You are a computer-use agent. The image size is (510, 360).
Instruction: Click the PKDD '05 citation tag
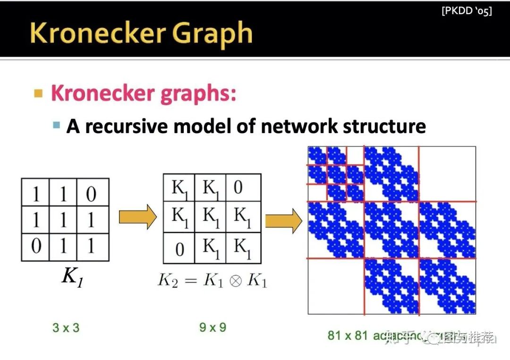point(467,11)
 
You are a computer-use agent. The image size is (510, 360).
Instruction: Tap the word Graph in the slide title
point(212,33)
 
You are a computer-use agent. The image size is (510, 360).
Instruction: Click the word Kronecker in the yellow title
point(97,33)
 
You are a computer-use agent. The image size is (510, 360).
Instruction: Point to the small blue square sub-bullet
point(57,126)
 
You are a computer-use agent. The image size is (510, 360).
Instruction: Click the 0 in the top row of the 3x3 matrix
point(91,193)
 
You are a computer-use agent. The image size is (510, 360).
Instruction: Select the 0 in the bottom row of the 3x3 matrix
point(36,246)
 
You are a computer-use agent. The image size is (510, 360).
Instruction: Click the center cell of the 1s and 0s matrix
point(63,220)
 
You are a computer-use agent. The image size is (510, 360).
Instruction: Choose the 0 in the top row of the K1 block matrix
point(238,187)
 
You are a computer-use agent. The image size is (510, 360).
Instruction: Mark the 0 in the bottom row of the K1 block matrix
point(179,249)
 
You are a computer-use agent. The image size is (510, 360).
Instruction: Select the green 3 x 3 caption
point(66,327)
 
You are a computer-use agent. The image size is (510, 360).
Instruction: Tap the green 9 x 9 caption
point(212,327)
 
